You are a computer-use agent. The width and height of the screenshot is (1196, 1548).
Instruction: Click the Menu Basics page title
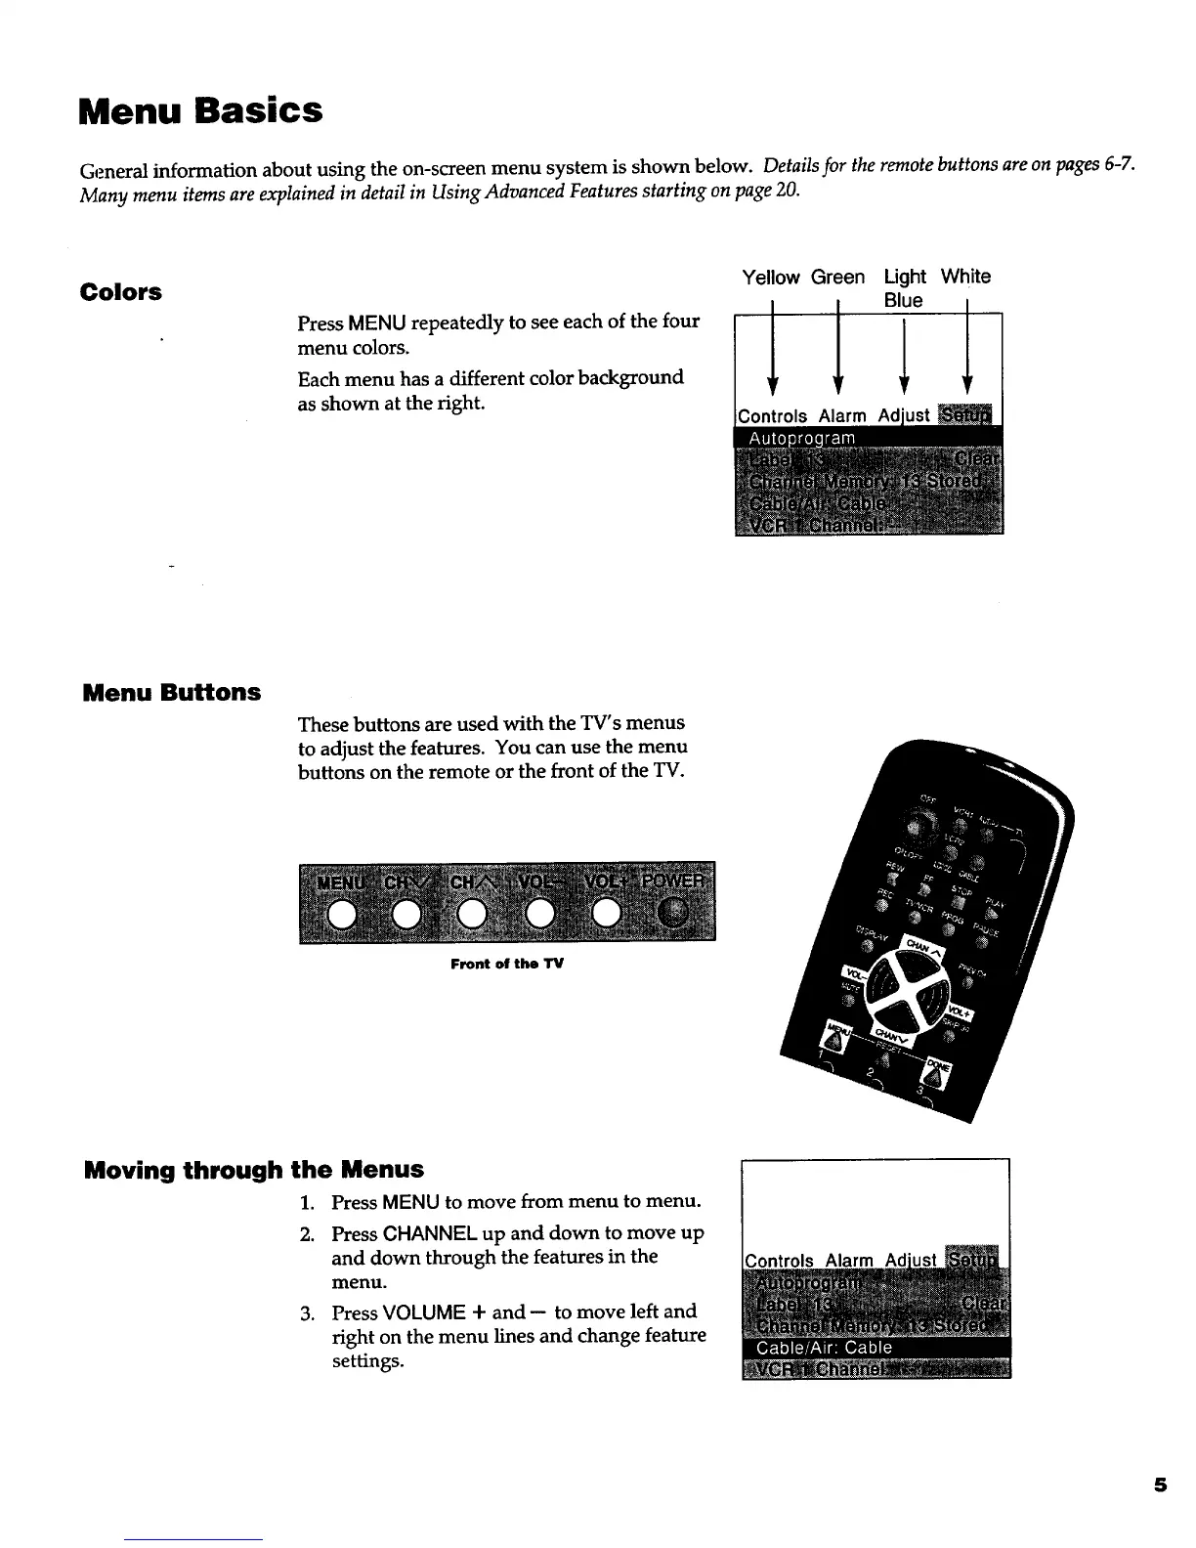[200, 110]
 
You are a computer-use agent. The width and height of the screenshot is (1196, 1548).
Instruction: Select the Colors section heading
[121, 292]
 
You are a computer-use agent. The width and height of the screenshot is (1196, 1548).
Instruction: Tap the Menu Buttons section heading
[172, 693]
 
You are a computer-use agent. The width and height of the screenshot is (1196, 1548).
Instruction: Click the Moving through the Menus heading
[254, 1170]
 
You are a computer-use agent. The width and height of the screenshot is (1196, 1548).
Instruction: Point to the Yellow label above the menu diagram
[770, 278]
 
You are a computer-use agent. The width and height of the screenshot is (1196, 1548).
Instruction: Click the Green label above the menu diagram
[837, 278]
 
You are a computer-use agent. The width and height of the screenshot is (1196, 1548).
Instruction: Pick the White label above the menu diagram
[965, 277]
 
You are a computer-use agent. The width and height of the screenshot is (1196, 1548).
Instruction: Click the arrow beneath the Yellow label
[773, 352]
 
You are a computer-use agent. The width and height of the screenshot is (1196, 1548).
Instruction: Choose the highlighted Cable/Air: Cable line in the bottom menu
[876, 1348]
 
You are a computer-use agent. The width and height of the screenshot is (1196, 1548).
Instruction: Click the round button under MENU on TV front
[341, 914]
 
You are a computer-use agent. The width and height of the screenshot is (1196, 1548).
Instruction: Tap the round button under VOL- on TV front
[539, 914]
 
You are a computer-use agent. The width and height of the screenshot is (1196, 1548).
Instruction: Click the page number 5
[1160, 1485]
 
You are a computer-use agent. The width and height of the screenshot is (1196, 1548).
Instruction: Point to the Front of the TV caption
[507, 965]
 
